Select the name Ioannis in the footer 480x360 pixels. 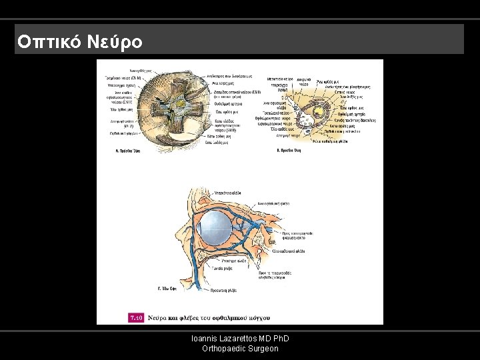pos(205,339)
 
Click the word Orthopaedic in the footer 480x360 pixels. pos(223,349)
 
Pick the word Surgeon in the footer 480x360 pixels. pos(263,349)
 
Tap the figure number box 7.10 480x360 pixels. pos(135,317)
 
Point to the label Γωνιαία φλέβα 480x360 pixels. pos(223,268)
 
